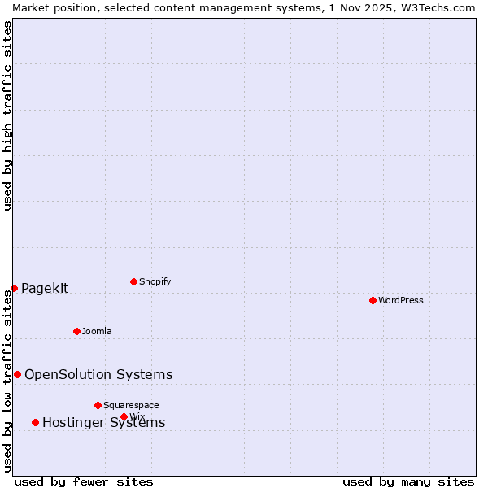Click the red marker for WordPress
click(x=373, y=300)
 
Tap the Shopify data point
click(x=133, y=281)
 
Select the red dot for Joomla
click(x=76, y=331)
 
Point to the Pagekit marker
click(x=14, y=288)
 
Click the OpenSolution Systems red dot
click(x=17, y=374)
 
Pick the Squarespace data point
click(x=98, y=405)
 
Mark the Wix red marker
click(x=124, y=416)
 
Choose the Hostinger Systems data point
click(x=35, y=422)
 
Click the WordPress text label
click(x=401, y=300)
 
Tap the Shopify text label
click(x=155, y=281)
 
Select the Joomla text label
click(x=97, y=331)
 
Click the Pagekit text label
click(x=45, y=288)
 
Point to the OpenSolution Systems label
click(x=98, y=374)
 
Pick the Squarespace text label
click(x=131, y=405)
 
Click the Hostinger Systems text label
click(x=103, y=422)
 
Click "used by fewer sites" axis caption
click(x=84, y=481)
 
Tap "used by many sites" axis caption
click(x=408, y=481)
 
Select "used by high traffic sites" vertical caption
click(x=7, y=115)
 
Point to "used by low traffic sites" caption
click(x=7, y=381)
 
